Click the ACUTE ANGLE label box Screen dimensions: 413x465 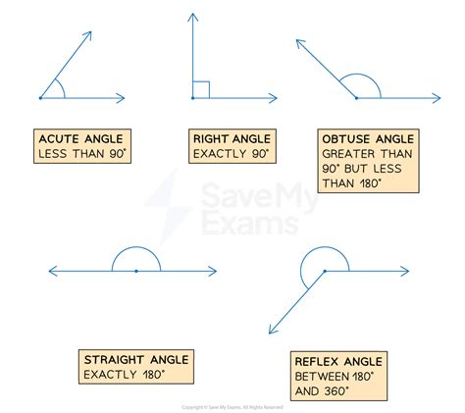(x=84, y=147)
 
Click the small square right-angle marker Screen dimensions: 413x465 (x=201, y=90)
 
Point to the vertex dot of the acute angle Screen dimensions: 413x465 (x=40, y=98)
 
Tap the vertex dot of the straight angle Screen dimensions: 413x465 (x=135, y=270)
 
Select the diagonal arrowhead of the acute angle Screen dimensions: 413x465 (x=89, y=34)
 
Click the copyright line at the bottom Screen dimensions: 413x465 (x=232, y=406)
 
